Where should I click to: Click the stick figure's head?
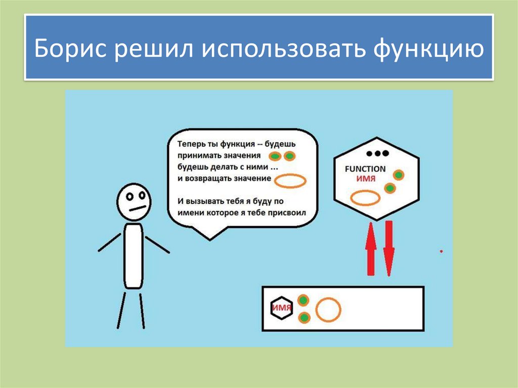[x=134, y=201]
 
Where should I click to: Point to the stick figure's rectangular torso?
[x=134, y=255]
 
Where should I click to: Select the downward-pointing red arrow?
[x=388, y=248]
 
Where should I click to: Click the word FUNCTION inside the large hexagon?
[x=365, y=169]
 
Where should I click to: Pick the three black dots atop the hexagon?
[x=377, y=153]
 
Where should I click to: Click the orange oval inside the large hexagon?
[x=365, y=197]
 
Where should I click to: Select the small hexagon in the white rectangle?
[x=281, y=307]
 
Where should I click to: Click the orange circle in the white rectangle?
[x=328, y=310]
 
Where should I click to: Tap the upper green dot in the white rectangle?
[x=303, y=300]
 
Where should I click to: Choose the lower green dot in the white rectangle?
[x=304, y=318]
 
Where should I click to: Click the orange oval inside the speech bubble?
[x=292, y=181]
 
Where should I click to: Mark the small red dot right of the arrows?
[x=442, y=251]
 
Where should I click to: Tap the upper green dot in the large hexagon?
[x=399, y=175]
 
